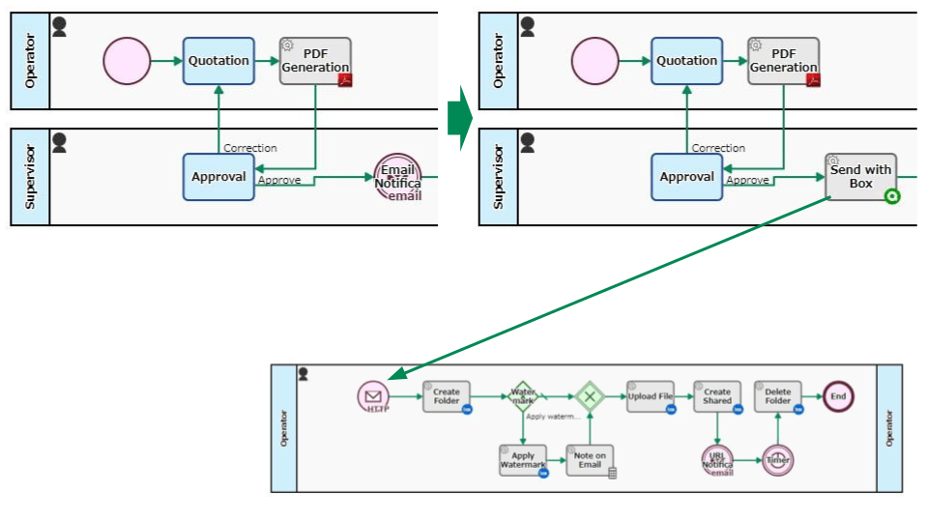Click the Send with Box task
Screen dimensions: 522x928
click(x=860, y=177)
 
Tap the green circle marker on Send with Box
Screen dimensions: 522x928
click(x=891, y=196)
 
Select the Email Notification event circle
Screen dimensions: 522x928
click(x=397, y=177)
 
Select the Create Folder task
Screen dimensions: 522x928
click(x=447, y=396)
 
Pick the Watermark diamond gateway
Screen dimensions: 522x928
click(x=523, y=395)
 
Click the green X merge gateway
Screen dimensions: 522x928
click(x=589, y=396)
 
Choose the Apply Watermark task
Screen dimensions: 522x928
click(x=523, y=460)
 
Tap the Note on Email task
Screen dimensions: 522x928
click(x=589, y=460)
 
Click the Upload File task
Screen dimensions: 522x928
click(x=651, y=396)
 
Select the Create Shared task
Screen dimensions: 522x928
click(x=717, y=396)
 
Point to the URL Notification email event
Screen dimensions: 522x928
click(x=717, y=460)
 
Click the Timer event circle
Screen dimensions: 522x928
click(x=778, y=460)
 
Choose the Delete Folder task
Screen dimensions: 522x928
click(x=778, y=396)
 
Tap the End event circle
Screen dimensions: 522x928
click(x=838, y=396)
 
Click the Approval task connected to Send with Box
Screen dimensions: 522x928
click(x=686, y=177)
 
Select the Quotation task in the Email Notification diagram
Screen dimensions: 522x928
click(x=218, y=61)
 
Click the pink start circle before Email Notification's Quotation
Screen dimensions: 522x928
click(x=127, y=61)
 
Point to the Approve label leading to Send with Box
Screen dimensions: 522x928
click(x=747, y=180)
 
